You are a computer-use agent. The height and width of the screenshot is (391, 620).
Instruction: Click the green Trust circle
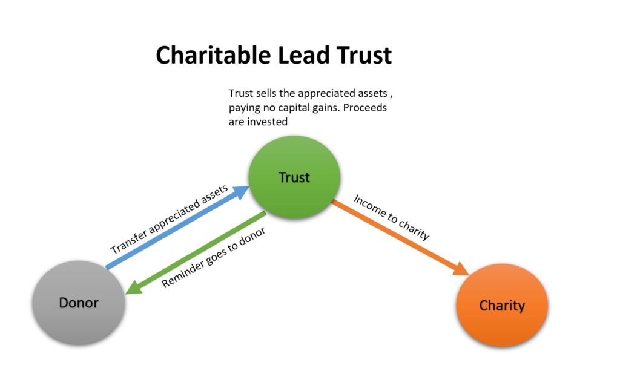[294, 178]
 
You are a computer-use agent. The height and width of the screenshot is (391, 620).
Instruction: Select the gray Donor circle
[79, 302]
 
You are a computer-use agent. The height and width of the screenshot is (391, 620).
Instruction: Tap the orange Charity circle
[501, 306]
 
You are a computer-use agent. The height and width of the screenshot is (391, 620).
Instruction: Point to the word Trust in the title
[358, 56]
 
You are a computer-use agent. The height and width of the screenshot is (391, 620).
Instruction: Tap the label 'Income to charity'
[391, 217]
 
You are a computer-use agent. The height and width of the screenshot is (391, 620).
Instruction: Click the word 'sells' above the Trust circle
[266, 94]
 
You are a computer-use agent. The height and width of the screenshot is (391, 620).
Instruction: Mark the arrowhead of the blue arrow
[241, 192]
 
